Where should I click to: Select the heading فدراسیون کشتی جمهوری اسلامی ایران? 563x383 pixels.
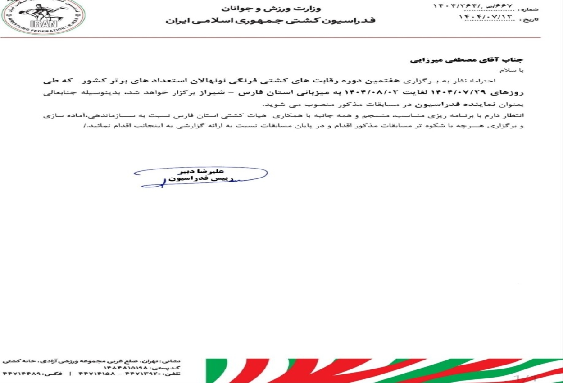pos(270,21)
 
